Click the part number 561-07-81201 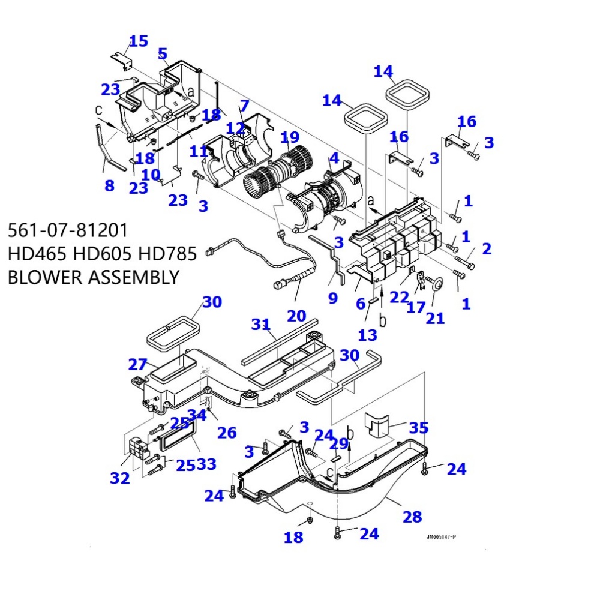[67, 230]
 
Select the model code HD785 [167, 254]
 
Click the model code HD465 [37, 254]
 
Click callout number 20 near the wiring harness [296, 315]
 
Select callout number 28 [412, 516]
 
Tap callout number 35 [418, 428]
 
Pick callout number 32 [119, 478]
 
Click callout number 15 [138, 41]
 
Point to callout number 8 [109, 185]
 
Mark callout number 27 [137, 364]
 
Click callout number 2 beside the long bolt [486, 248]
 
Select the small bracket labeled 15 [122, 59]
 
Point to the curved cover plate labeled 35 [377, 424]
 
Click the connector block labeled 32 [137, 448]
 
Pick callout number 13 [368, 334]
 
